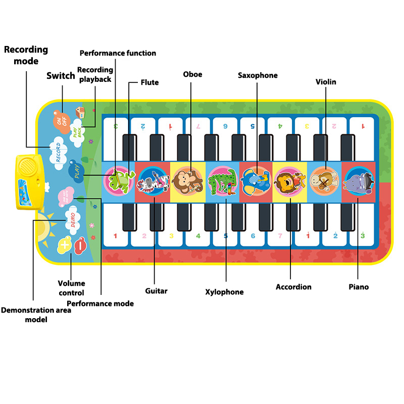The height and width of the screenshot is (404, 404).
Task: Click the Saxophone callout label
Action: point(258,75)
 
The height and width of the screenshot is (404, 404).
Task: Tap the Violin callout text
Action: point(326,81)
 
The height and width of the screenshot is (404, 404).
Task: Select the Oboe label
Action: point(192,74)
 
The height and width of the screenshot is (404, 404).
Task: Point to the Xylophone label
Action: point(224,292)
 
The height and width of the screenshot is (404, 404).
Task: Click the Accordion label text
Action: point(293,287)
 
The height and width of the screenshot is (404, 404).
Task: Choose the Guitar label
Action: point(156,291)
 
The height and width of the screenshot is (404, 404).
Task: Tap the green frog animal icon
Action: point(119,179)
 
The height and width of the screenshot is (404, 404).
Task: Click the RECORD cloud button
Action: point(59,150)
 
